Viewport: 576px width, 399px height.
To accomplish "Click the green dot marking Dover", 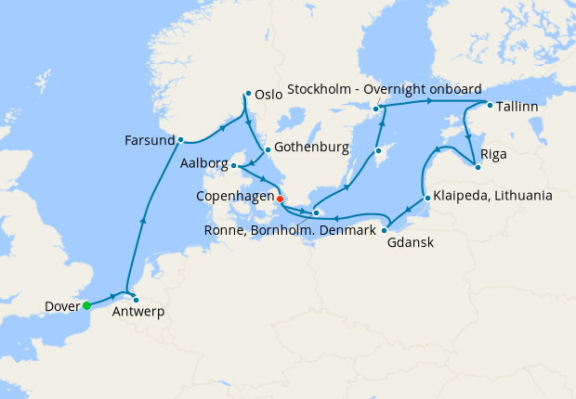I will pyautogui.click(x=85, y=305).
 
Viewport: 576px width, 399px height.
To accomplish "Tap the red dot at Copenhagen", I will pyautogui.click(x=280, y=198).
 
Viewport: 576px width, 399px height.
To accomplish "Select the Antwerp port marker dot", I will pyautogui.click(x=136, y=299).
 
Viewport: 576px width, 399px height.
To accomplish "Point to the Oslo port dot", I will pyautogui.click(x=247, y=93).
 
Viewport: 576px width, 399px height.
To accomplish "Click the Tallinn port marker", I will pyautogui.click(x=489, y=105).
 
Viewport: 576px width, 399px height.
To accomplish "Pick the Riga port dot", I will pyautogui.click(x=477, y=167).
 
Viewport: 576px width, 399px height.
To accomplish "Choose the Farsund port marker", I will pyautogui.click(x=179, y=141).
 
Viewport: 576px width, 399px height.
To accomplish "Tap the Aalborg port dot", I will pyautogui.click(x=234, y=166).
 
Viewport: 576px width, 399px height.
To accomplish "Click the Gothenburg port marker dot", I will pyautogui.click(x=267, y=149).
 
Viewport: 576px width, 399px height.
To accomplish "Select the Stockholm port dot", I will pyautogui.click(x=376, y=109).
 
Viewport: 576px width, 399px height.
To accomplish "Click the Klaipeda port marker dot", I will pyautogui.click(x=425, y=197).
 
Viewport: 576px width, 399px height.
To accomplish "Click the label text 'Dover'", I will pyautogui.click(x=61, y=306).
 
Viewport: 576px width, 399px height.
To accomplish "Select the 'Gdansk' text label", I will pyautogui.click(x=410, y=243).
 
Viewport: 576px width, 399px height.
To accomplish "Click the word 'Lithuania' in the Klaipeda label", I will pyautogui.click(x=524, y=197).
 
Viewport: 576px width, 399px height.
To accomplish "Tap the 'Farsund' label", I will pyautogui.click(x=149, y=142).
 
